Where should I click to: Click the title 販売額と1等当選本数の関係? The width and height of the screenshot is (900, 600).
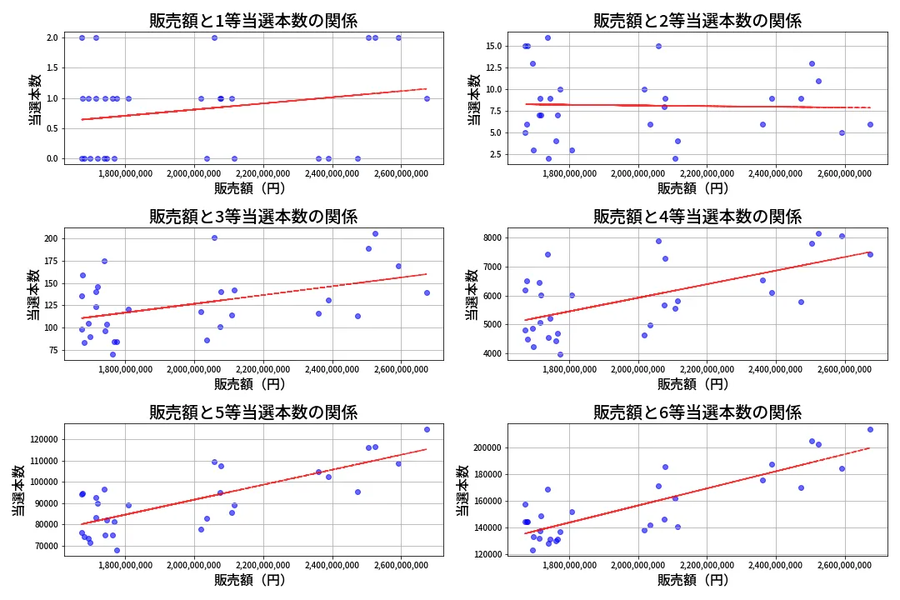[253, 21]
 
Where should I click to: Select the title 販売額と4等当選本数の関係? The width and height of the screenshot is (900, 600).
[697, 217]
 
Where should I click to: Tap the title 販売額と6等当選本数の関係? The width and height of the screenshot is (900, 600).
[697, 412]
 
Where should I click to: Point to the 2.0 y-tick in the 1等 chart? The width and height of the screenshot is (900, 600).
[52, 37]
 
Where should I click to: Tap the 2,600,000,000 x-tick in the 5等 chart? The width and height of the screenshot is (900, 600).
[401, 564]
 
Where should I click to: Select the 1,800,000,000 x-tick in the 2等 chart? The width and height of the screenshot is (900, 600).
[569, 172]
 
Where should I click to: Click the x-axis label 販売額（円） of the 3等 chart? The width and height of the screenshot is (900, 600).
[250, 384]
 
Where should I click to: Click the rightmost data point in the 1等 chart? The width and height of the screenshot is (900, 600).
[427, 98]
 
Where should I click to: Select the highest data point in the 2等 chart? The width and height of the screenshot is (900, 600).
[547, 37]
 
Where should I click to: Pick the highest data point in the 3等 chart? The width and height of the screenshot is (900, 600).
[375, 233]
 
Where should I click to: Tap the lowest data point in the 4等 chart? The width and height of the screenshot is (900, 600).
[560, 354]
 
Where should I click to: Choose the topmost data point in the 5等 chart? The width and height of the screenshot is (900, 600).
[427, 429]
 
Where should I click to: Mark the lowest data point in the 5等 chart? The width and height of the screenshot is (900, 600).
[117, 550]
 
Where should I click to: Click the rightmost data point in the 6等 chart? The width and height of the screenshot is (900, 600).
[870, 429]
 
